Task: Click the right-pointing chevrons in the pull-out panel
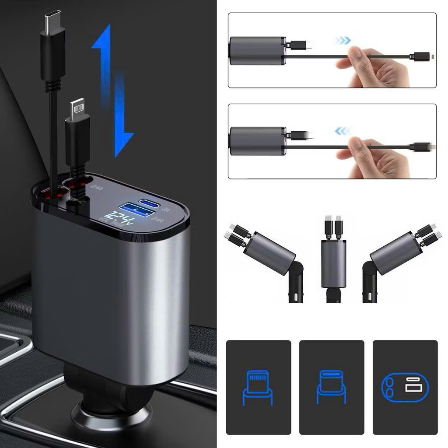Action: click(x=342, y=41)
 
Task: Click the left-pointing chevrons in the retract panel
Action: click(x=342, y=131)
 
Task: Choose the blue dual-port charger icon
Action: click(x=405, y=387)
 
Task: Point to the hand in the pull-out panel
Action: click(x=376, y=68)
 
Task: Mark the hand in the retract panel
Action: click(x=376, y=157)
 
